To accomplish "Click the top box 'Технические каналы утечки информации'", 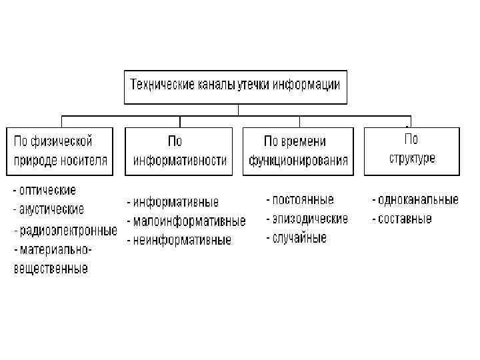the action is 235,86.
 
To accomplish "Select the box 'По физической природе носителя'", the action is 61,151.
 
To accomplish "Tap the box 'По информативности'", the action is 179,151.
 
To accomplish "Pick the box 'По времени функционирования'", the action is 298,151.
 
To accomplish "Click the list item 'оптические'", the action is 46,191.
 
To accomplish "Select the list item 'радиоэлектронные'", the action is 67,231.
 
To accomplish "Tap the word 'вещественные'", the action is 51,269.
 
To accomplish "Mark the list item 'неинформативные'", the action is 182,239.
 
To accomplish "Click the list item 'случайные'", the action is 299,237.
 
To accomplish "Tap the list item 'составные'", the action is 405,219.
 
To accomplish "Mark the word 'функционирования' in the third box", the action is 298,161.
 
